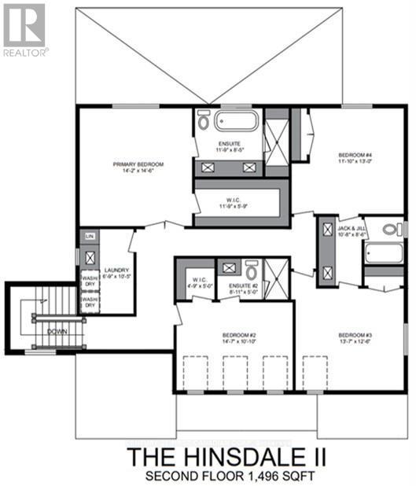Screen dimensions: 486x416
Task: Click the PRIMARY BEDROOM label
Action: tap(138, 164)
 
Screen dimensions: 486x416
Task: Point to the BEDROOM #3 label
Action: tap(355, 335)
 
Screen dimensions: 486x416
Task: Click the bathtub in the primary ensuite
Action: tap(236, 122)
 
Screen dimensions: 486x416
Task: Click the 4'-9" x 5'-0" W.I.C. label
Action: tap(196, 285)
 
